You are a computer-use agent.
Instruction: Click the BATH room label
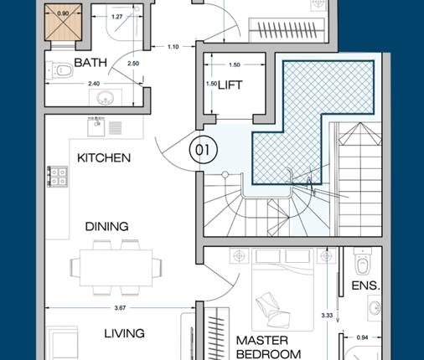(x=90, y=63)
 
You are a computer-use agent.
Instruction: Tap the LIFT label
(x=230, y=85)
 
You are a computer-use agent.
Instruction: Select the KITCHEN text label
(x=104, y=158)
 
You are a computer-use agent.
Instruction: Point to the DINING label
(x=106, y=226)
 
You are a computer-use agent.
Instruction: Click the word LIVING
(x=124, y=333)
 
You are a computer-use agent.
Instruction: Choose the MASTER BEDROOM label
(x=268, y=347)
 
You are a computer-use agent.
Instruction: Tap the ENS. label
(x=366, y=285)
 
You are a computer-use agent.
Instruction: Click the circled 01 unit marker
(x=203, y=150)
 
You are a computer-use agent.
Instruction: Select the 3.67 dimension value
(x=120, y=308)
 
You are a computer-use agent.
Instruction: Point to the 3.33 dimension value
(x=327, y=316)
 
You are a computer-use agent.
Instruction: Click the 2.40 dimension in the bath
(x=94, y=84)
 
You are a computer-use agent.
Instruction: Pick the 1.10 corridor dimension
(x=173, y=47)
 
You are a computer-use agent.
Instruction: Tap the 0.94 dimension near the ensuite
(x=362, y=337)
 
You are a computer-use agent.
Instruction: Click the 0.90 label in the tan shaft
(x=63, y=13)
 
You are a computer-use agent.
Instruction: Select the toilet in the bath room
(x=59, y=69)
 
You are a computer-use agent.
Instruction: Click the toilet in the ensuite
(x=362, y=262)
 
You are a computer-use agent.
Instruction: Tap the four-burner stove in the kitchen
(x=57, y=177)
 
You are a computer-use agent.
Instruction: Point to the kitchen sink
(x=96, y=127)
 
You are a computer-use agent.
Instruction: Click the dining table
(x=116, y=268)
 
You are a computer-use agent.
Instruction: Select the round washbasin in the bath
(x=106, y=98)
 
